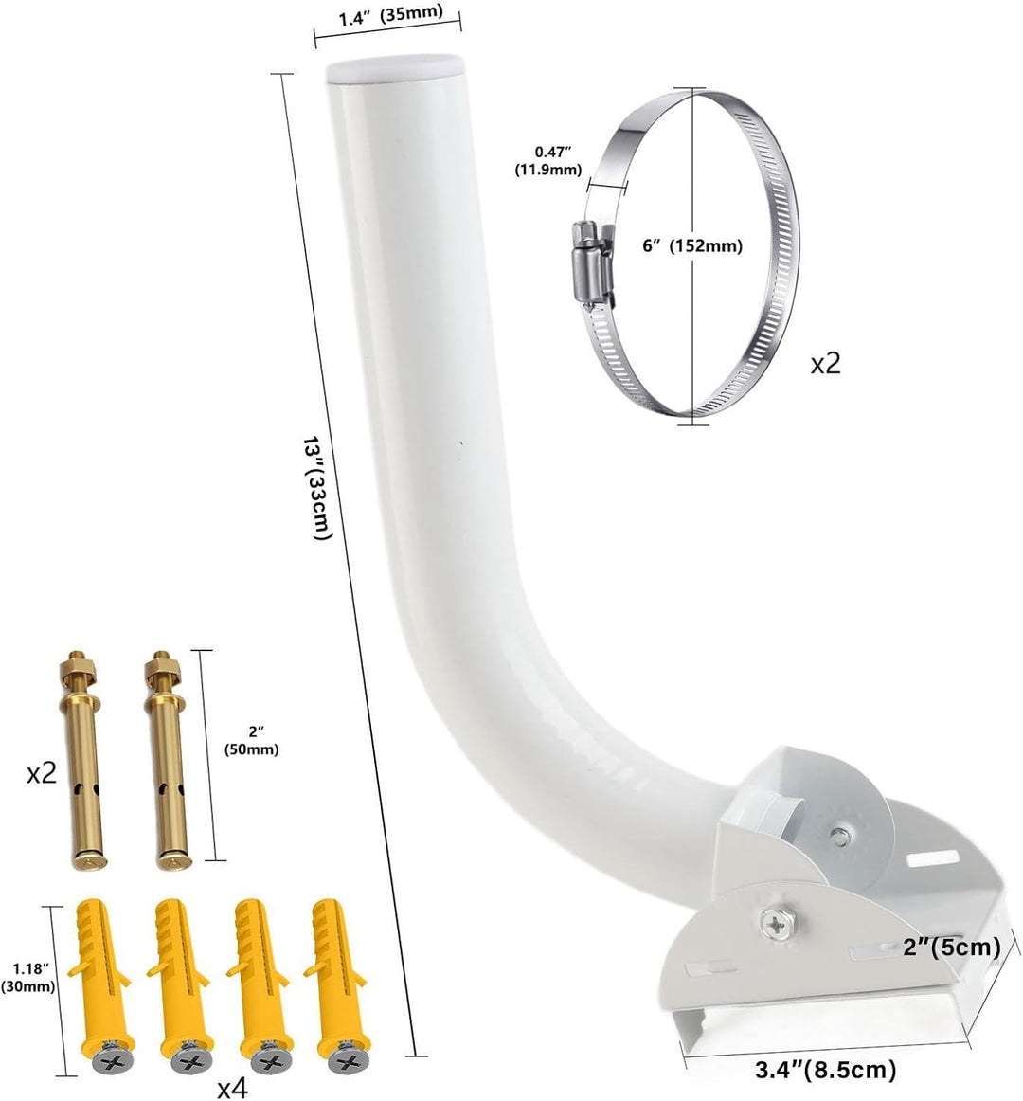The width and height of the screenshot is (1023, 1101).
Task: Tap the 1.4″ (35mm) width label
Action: point(391,15)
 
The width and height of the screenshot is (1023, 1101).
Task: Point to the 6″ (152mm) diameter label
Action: point(692,245)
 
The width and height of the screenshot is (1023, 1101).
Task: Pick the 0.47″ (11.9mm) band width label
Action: point(548,160)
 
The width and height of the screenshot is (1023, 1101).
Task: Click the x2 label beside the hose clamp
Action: point(825,364)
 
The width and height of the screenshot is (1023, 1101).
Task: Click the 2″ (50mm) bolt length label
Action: point(251,742)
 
